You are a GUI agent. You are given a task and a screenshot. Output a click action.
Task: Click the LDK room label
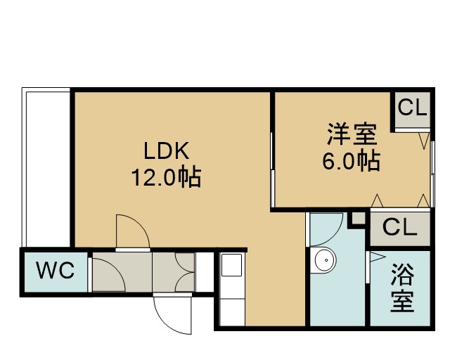(x=166, y=150)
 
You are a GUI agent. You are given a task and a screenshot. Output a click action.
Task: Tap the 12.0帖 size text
(x=166, y=177)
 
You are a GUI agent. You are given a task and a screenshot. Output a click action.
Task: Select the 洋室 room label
(x=352, y=134)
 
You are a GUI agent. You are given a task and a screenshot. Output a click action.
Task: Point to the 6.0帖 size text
(x=352, y=160)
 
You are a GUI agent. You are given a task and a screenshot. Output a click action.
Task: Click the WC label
(x=55, y=270)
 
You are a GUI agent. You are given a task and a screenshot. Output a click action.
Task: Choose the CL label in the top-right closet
(x=412, y=108)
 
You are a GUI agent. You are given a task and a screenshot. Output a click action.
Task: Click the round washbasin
(x=326, y=260)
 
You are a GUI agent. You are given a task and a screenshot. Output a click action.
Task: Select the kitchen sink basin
(x=231, y=264)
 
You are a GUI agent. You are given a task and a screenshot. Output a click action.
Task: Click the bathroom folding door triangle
(x=377, y=257)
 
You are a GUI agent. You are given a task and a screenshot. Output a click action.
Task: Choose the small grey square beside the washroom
(x=359, y=219)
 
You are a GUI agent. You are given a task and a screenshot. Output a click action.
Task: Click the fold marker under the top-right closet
(x=424, y=141)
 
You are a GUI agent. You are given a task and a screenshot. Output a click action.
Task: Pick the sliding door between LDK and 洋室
(x=272, y=169)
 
